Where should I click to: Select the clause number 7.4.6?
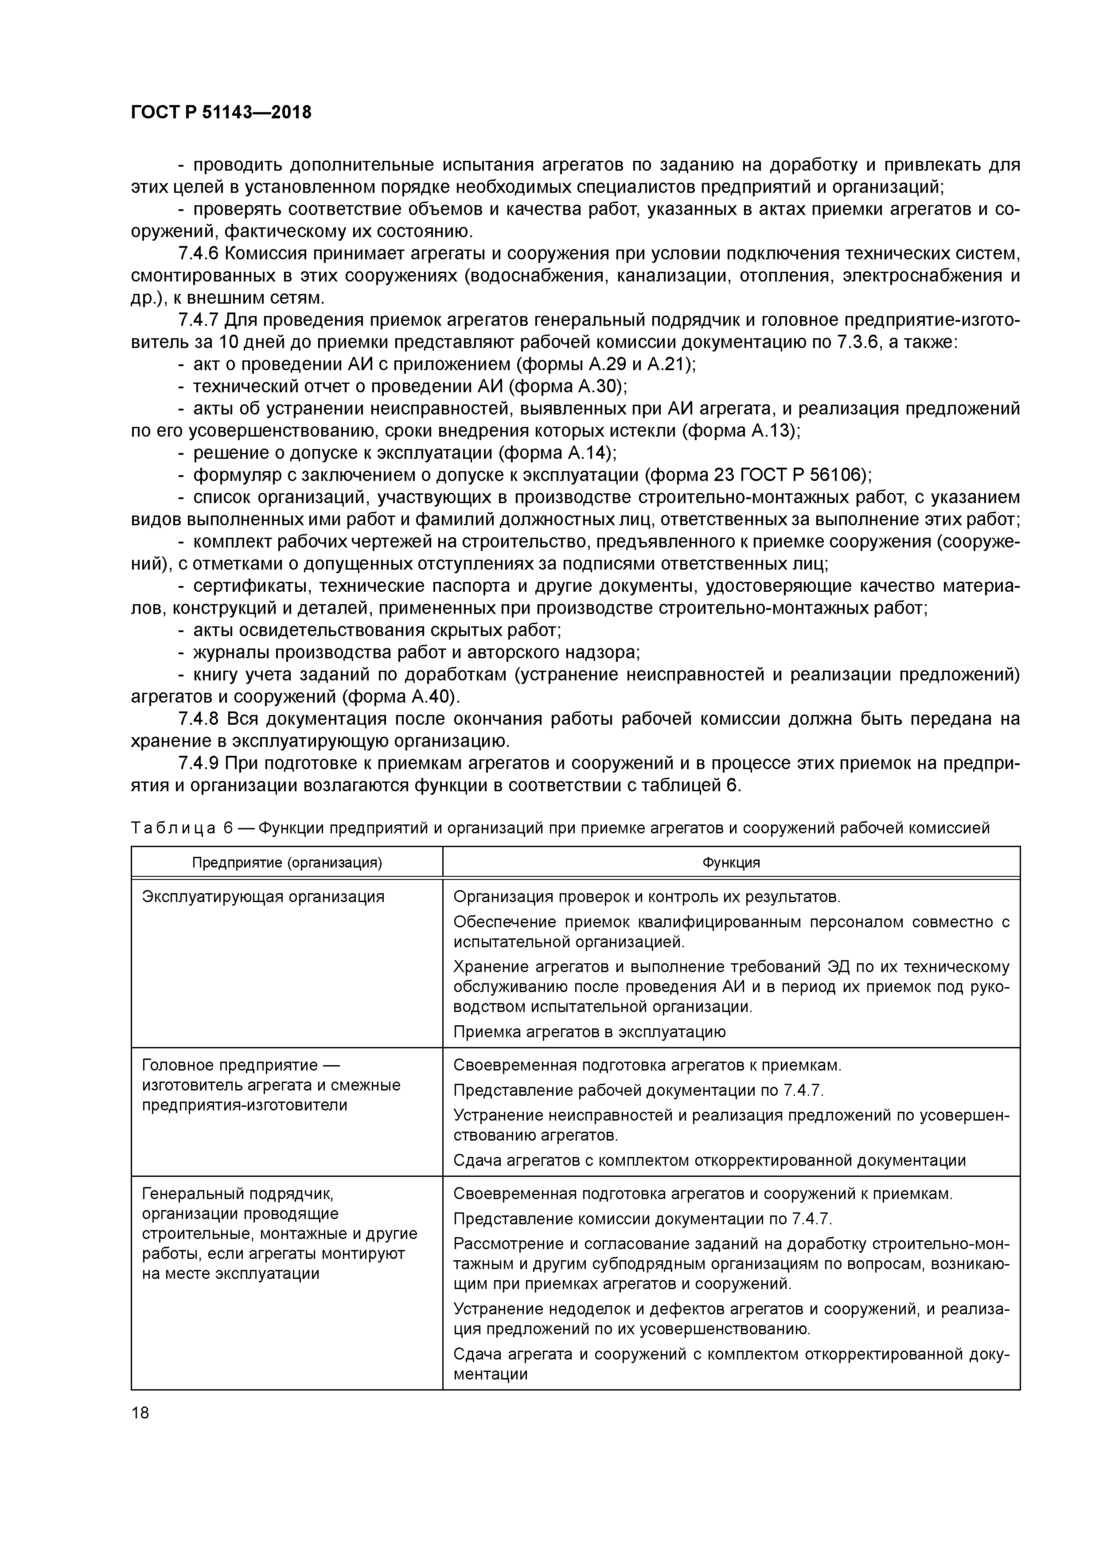199,254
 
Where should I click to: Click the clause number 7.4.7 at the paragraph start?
199,320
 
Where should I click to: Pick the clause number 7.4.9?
199,763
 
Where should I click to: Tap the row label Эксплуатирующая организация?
263,897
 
